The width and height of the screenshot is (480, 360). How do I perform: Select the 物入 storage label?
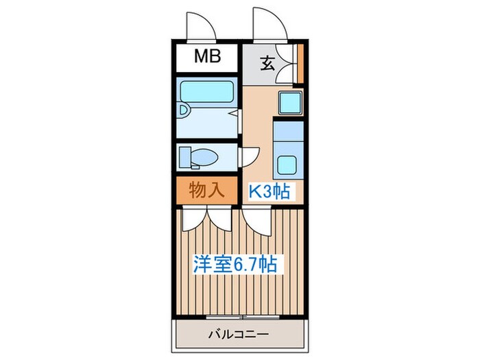point(206,190)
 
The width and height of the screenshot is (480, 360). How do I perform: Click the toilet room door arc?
point(250,156)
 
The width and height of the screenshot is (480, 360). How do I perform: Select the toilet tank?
point(184,156)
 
